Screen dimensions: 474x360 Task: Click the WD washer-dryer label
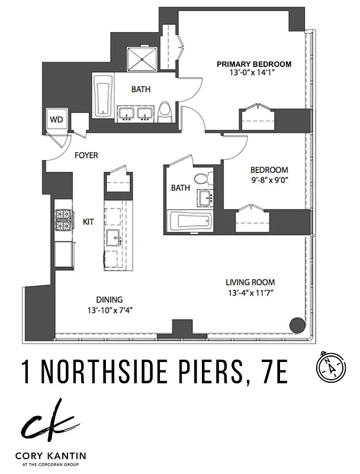tap(57, 119)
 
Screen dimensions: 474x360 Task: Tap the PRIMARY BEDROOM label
tap(253, 64)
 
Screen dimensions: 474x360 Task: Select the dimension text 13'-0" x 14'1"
tap(253, 73)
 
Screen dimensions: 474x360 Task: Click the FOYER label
tap(86, 156)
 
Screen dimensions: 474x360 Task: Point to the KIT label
tap(89, 222)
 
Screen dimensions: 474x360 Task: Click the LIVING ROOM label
tap(250, 283)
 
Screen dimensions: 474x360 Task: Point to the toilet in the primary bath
tap(166, 111)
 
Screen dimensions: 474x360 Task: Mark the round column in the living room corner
tap(295, 325)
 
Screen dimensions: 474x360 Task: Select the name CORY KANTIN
tap(53, 456)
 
